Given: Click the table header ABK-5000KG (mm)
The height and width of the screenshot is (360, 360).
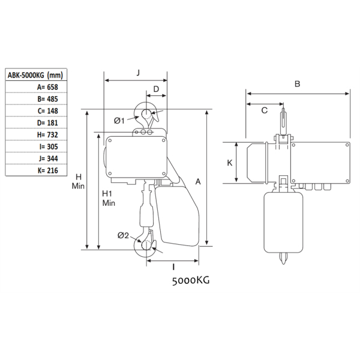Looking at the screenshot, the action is click(35, 76).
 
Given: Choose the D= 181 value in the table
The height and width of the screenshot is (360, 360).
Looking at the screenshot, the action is click(47, 123).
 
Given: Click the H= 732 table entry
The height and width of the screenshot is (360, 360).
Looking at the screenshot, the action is click(47, 135).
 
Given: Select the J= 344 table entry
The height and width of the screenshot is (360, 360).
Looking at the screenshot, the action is click(48, 159).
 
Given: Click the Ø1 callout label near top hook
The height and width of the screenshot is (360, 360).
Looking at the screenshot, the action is click(119, 121).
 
